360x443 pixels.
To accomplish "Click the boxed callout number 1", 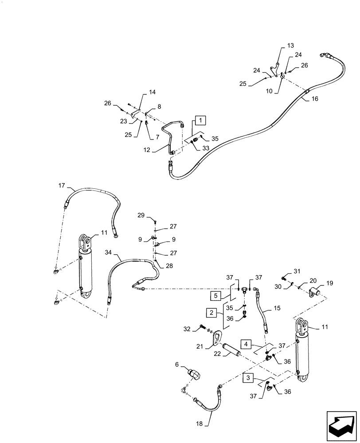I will point(200,120).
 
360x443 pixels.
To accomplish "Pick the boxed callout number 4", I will point(247,344).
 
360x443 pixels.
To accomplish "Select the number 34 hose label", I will point(108,253).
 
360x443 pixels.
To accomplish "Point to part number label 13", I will point(290,46).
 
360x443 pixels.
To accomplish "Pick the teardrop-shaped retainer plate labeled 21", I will point(216,339).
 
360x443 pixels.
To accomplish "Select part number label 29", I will point(141,216).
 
